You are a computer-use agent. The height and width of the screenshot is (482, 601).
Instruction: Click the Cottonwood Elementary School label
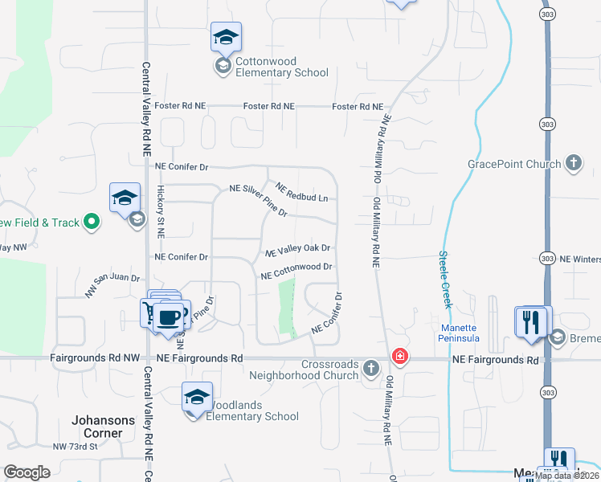point(281,67)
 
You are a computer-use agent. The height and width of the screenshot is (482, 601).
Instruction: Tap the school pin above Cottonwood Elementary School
point(226,38)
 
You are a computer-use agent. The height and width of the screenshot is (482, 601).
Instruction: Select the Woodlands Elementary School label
point(252,411)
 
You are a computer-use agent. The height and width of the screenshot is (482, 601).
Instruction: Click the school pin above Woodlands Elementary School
point(197,398)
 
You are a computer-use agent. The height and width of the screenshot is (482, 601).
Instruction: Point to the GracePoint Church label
point(515,164)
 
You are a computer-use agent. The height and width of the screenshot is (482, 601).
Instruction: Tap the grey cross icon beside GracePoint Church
point(573,163)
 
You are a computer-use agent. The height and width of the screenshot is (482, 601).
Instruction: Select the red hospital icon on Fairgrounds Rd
point(398,356)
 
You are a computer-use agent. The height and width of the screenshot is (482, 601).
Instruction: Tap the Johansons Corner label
point(97,427)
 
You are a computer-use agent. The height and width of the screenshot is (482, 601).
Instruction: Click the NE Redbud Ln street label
point(301,192)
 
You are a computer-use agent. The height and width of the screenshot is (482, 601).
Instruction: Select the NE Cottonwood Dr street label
point(296,271)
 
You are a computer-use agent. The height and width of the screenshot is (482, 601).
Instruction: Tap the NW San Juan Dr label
point(112,286)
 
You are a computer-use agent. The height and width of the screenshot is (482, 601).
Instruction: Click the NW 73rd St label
point(75,447)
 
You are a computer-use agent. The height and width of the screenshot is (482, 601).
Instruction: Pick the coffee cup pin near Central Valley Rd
point(168,317)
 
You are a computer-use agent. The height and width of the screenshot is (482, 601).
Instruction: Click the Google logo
point(27,472)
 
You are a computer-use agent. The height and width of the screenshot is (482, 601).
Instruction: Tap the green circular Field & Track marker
point(92,222)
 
